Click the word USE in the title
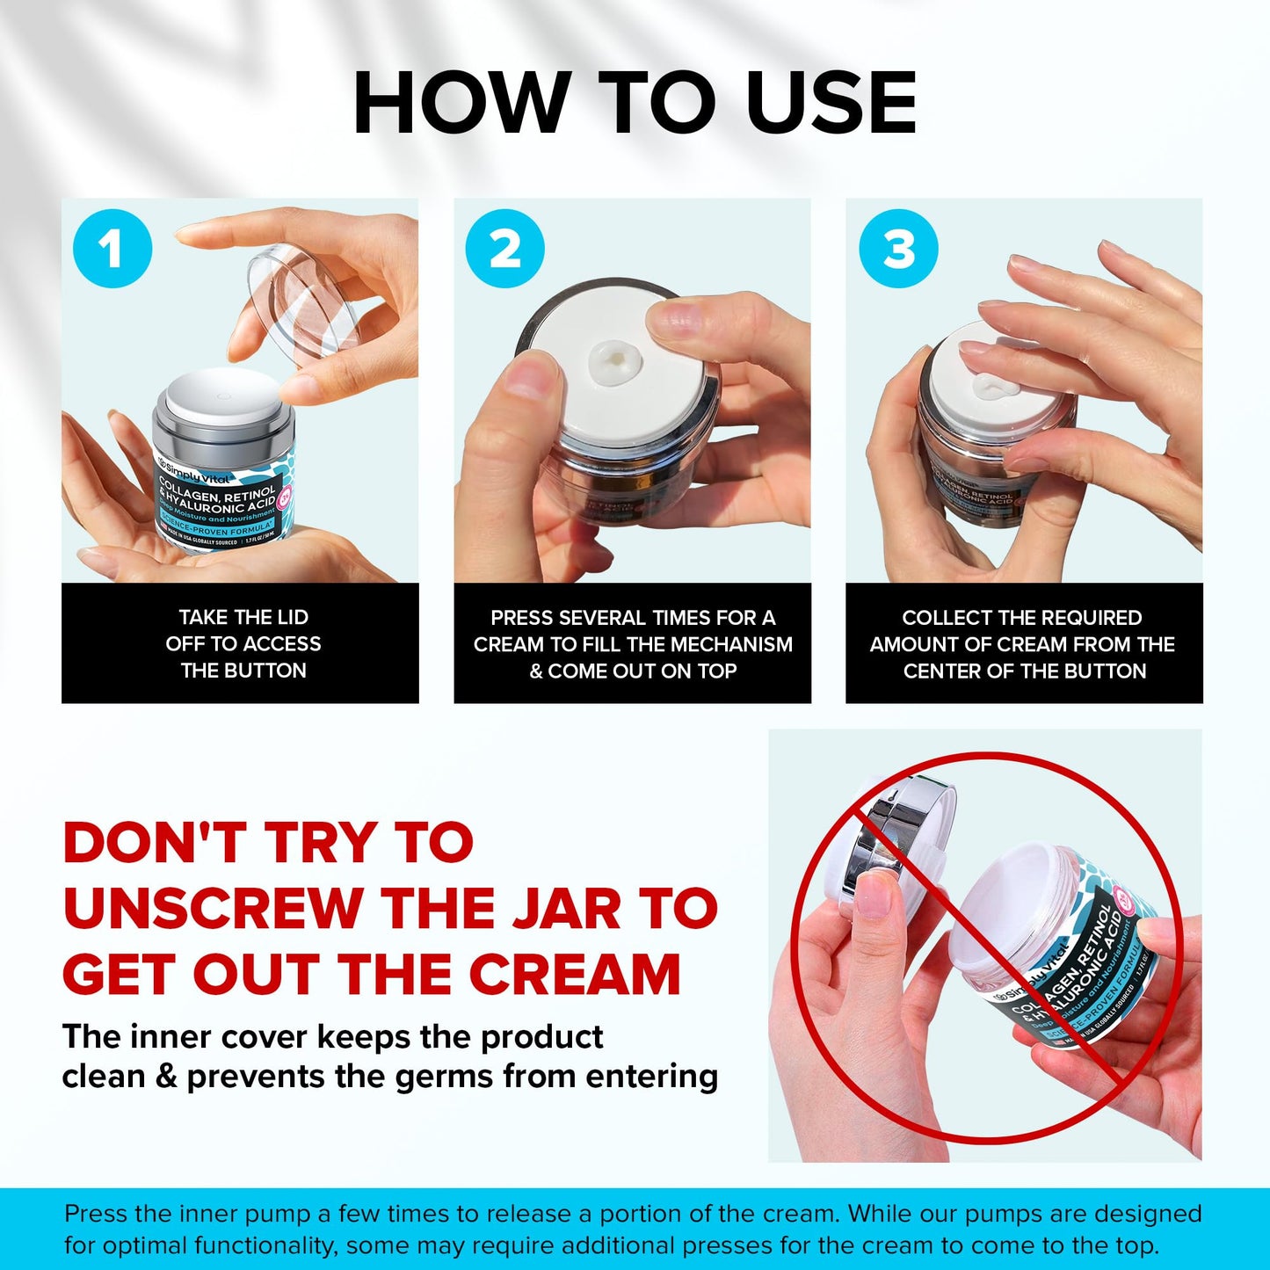(x=831, y=103)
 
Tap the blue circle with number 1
(x=112, y=249)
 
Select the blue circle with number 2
(x=504, y=249)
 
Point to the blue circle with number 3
(x=898, y=249)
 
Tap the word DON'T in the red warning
(x=155, y=842)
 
